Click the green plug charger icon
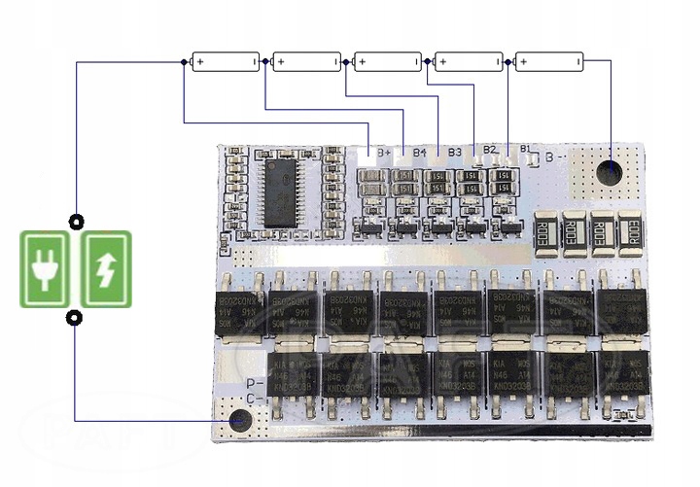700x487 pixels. pos(45,268)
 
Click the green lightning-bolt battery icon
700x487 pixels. pos(106,268)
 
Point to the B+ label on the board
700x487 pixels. pos(384,154)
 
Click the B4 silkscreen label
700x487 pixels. pos(419,153)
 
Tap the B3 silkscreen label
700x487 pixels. pos(454,152)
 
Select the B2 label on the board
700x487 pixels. pos(490,150)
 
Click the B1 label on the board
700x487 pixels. pos(525,149)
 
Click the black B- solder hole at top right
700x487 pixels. pos(610,172)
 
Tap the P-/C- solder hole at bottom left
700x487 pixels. pos(239,421)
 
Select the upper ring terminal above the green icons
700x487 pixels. pos(74,221)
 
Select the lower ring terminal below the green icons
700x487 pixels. pos(74,318)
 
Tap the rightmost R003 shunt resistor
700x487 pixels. pos(629,231)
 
